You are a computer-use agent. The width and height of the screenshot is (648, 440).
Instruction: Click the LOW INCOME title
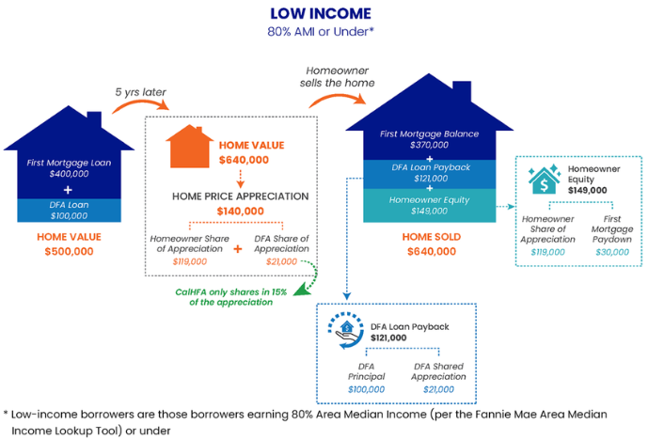tap(321, 14)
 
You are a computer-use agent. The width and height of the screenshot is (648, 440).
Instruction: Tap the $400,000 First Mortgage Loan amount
tap(69, 174)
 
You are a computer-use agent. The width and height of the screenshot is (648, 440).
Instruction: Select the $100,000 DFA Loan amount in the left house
tap(69, 215)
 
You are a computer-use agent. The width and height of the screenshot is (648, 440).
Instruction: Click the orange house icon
tap(189, 147)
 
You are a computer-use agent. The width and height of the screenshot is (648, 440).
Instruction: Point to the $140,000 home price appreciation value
tap(241, 212)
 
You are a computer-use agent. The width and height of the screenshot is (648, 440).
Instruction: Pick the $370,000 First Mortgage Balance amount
tap(430, 145)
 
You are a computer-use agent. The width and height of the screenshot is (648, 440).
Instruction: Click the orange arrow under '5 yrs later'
tap(140, 105)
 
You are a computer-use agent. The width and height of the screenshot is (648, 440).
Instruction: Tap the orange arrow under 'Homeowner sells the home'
tap(338, 100)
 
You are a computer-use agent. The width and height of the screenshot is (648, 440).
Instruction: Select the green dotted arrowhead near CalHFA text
tap(301, 290)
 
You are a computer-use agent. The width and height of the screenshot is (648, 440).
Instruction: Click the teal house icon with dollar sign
tap(545, 180)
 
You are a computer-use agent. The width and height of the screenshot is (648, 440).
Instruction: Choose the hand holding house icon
tap(346, 331)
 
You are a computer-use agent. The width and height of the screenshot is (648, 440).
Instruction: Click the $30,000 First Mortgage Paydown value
tap(612, 252)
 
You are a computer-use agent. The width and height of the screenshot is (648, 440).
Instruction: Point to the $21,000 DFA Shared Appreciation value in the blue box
tap(438, 389)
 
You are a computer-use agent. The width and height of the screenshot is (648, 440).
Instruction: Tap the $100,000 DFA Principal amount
tap(366, 389)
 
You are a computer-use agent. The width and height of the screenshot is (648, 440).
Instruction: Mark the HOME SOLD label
tap(432, 237)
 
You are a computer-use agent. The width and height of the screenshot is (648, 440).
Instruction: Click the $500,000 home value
tap(69, 251)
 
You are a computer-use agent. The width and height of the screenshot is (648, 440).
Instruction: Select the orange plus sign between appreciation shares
tap(238, 249)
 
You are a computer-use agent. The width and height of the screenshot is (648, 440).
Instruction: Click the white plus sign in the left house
tap(68, 190)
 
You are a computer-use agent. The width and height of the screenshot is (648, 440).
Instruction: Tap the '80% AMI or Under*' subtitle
tap(321, 32)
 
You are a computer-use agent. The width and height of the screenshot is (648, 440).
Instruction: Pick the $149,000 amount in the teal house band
tap(430, 212)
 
